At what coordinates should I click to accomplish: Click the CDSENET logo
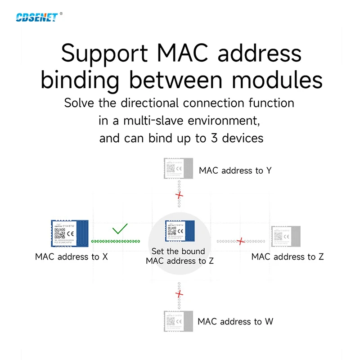(36, 17)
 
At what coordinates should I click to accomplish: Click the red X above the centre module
(180, 195)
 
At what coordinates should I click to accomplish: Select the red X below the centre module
(180, 294)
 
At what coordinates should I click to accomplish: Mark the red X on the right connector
(241, 241)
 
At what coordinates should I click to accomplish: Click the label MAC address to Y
(235, 171)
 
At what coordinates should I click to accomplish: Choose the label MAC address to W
(235, 322)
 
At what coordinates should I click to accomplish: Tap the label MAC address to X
(72, 257)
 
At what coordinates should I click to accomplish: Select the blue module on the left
(68, 234)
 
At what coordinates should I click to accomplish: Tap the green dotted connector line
(116, 241)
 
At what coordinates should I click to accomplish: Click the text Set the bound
(178, 251)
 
